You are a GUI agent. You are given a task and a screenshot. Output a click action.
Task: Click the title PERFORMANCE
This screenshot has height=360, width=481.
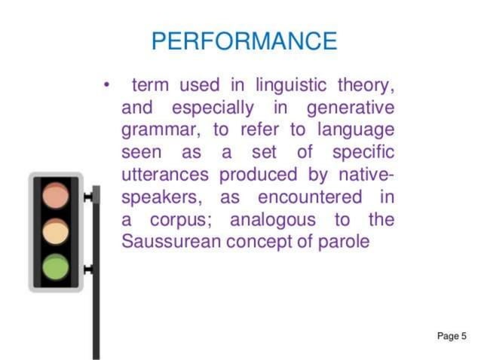[x=244, y=41]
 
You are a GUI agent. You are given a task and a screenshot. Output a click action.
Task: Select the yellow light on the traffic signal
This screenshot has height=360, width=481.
[x=56, y=231]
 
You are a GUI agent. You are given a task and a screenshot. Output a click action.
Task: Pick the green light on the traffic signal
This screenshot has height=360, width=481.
[x=56, y=267]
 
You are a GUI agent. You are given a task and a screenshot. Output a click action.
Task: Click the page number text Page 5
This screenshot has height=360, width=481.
[x=452, y=336]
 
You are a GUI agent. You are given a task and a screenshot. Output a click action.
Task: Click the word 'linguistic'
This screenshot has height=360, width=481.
[x=290, y=83]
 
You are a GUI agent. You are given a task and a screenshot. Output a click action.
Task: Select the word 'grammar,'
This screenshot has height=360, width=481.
[x=158, y=129]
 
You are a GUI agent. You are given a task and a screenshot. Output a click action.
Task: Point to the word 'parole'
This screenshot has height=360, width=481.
[x=345, y=243]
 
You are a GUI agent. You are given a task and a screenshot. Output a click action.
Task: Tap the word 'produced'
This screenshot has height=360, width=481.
[x=256, y=175]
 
